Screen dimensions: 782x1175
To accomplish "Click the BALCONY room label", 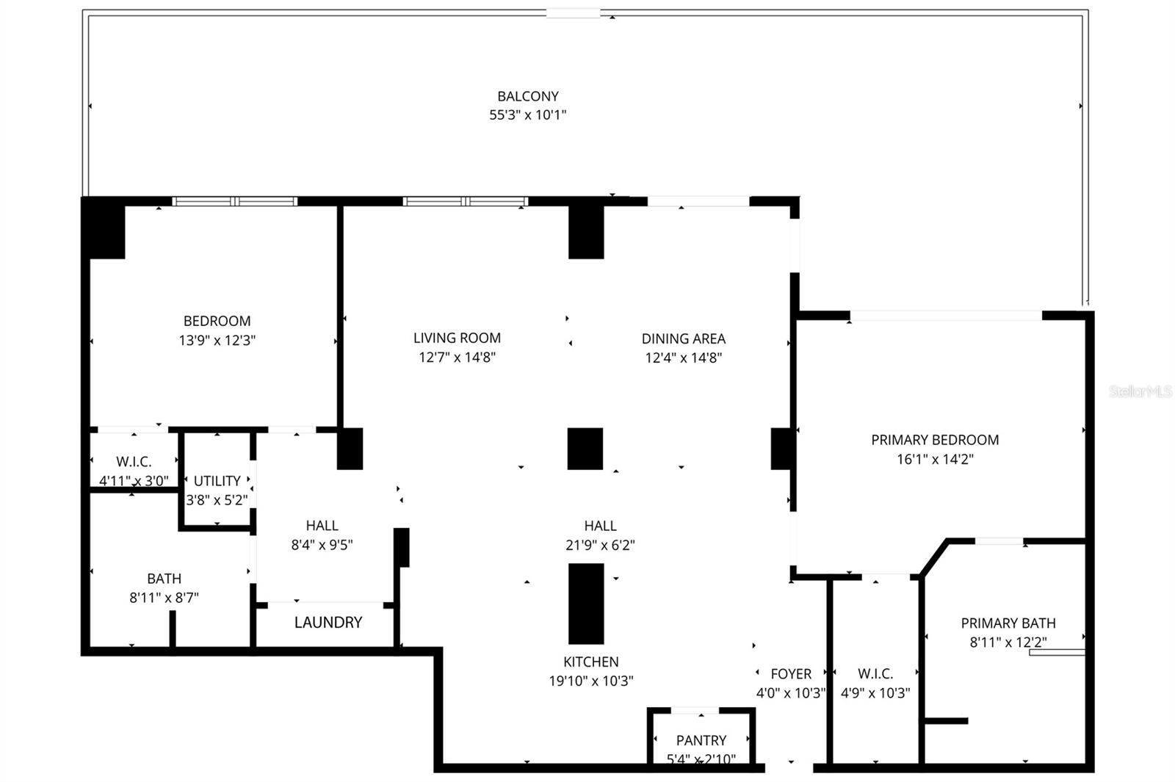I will click(x=527, y=96).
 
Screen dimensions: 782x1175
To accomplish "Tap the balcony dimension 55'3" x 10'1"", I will click(x=527, y=115).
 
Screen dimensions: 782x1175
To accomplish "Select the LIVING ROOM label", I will click(x=457, y=338).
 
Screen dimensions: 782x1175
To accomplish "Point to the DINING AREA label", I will click(x=683, y=338).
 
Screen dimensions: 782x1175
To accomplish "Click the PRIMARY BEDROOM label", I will click(x=934, y=440).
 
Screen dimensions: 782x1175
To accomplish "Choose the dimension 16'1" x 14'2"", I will click(x=934, y=459).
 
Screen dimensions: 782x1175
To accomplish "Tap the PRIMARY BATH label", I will click(x=1008, y=623).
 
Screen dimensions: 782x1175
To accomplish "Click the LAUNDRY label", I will click(x=328, y=623).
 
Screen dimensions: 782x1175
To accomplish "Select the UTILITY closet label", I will click(x=217, y=481).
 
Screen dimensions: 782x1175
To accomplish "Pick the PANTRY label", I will click(x=701, y=740).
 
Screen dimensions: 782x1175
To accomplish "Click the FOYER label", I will click(x=790, y=673).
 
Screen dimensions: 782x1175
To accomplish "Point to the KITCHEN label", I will click(x=590, y=662).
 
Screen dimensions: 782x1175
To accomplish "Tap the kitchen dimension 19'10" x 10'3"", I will click(x=590, y=681).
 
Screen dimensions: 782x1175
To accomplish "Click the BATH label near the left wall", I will click(x=164, y=579).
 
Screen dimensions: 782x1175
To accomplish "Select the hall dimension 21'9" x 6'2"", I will click(x=600, y=545).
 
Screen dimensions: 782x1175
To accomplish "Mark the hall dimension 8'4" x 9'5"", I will click(x=322, y=545).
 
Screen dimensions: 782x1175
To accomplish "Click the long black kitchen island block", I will click(x=586, y=604).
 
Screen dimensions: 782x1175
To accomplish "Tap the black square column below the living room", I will click(x=585, y=449).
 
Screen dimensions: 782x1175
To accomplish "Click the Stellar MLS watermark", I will click(x=1140, y=391).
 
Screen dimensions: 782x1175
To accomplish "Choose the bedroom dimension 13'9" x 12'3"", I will click(x=217, y=341).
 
